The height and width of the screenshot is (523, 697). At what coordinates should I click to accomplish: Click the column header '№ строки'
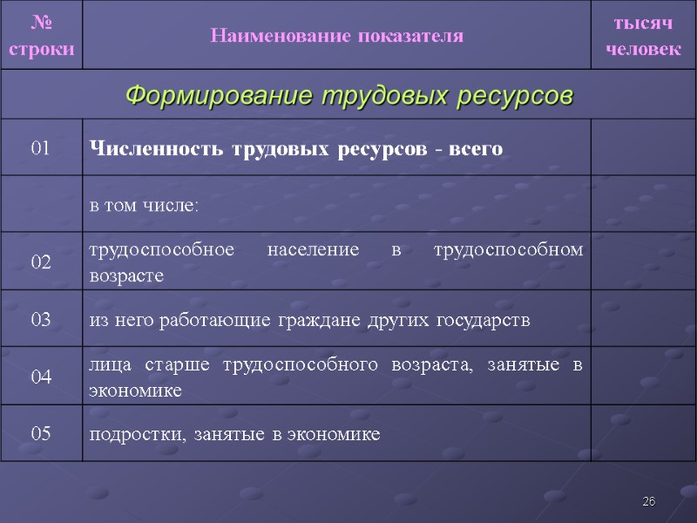coord(41,35)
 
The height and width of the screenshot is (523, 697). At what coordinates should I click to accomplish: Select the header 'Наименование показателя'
coord(336,36)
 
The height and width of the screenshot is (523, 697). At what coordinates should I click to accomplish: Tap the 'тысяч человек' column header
coord(643,35)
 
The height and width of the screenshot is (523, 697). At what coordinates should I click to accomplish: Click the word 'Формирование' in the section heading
coord(220,94)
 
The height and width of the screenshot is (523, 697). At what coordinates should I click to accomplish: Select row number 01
coord(41,148)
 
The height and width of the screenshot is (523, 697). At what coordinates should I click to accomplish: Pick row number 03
coord(41,320)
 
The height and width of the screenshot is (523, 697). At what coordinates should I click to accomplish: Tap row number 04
coord(41,377)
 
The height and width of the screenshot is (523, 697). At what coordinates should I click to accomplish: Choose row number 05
coord(41,433)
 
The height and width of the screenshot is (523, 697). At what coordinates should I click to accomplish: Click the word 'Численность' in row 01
coord(157,148)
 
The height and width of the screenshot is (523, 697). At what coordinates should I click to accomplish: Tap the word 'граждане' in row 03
coord(315,320)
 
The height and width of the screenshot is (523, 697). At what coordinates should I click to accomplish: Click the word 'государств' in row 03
coord(487,320)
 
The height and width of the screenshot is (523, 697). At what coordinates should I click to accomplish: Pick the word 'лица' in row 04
coord(105,363)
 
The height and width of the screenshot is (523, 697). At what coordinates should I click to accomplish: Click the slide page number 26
coord(648,502)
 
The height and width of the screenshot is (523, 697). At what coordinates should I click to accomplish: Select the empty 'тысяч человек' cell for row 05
coord(643,433)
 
